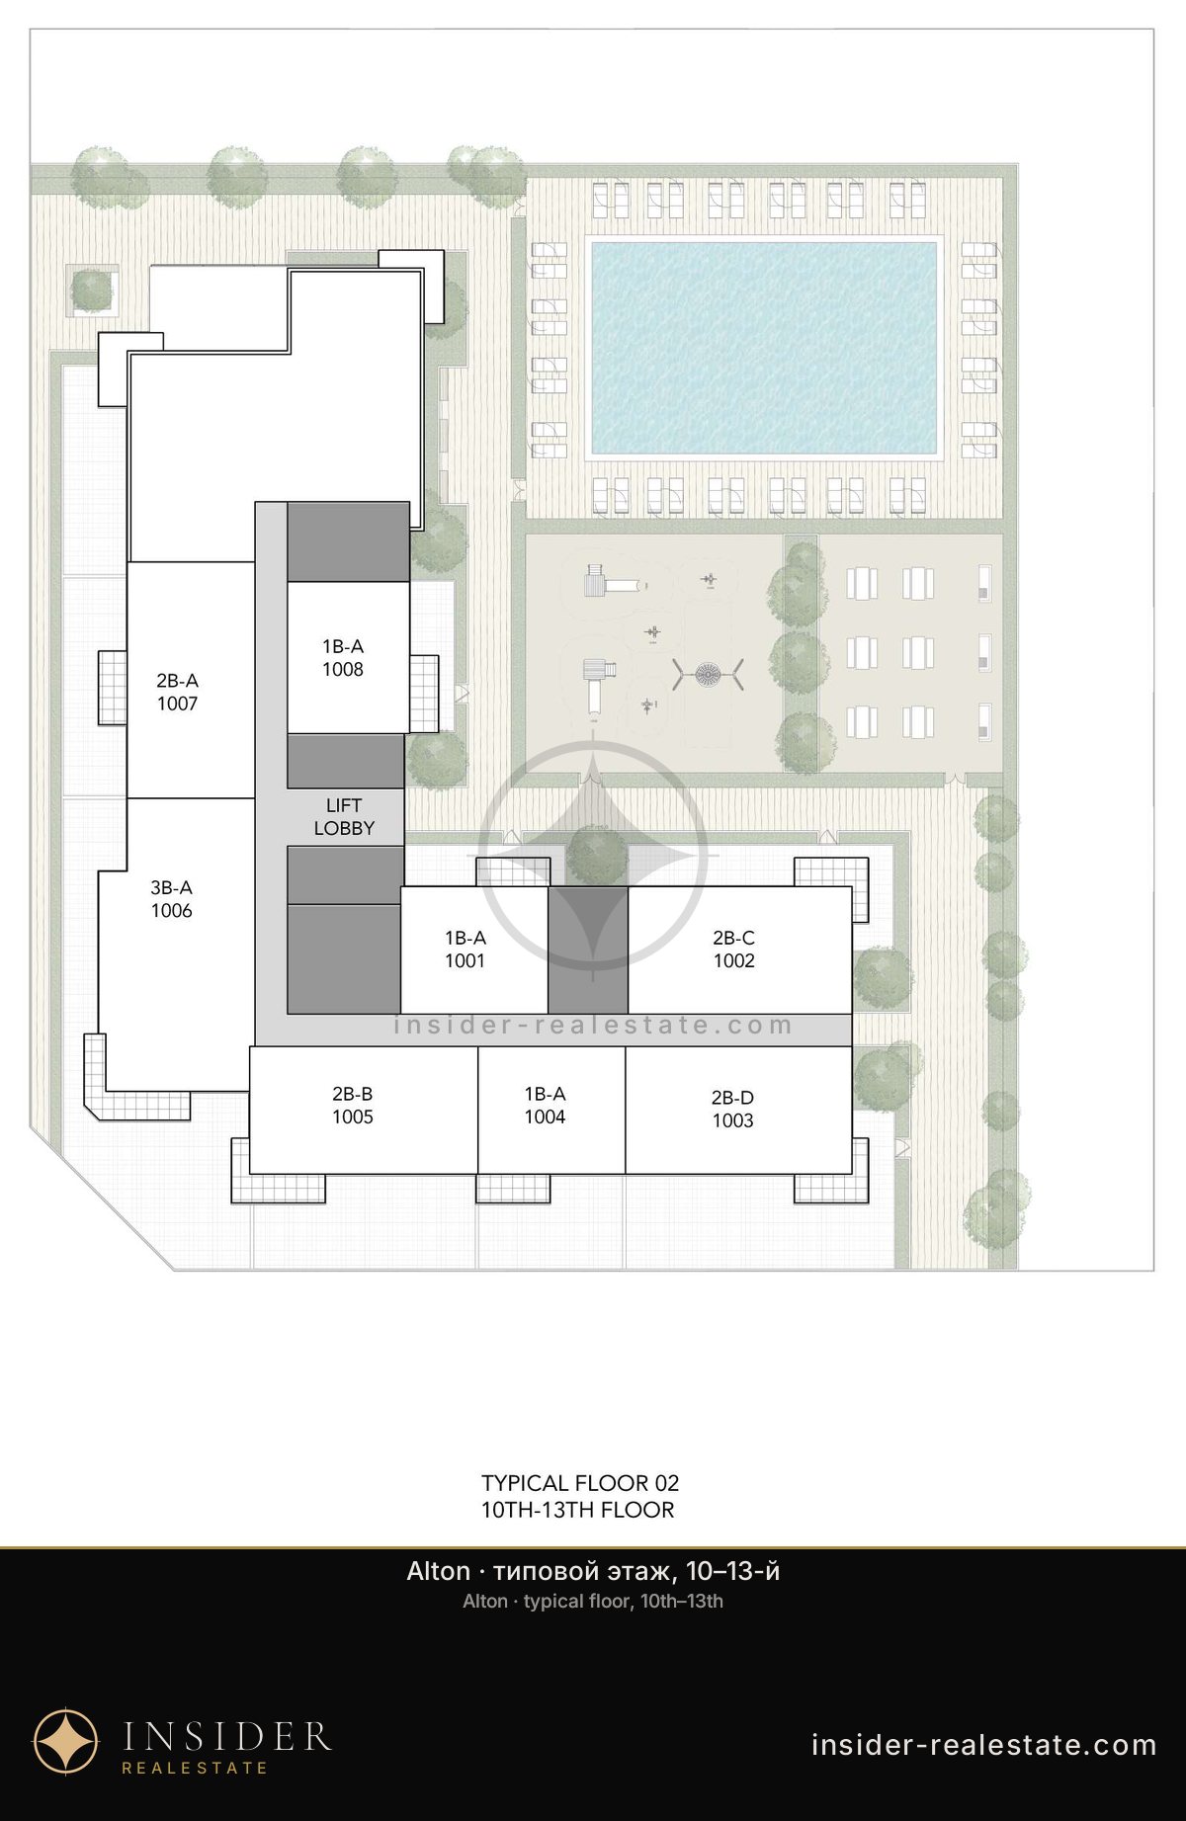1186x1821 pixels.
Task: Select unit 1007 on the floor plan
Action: (x=191, y=680)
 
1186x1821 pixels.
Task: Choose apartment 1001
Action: (x=474, y=950)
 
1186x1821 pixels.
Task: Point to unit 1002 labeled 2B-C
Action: (x=739, y=950)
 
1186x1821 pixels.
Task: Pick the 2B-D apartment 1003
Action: (x=738, y=1110)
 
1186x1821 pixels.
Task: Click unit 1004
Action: (x=551, y=1110)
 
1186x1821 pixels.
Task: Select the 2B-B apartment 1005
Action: (x=364, y=1110)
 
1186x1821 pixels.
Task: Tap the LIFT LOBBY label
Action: (x=344, y=817)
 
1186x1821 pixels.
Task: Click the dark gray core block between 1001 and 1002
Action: (x=588, y=950)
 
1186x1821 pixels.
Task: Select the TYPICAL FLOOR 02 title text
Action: (x=580, y=1482)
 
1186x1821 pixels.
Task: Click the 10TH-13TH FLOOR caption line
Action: (x=577, y=1510)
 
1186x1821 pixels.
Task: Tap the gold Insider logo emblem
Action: (x=66, y=1740)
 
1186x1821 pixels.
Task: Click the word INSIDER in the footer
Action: (x=226, y=1735)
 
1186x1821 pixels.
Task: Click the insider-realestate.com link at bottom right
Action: (x=983, y=1745)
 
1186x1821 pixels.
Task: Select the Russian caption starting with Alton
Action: (x=593, y=1571)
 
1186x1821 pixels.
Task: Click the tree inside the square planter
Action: (x=92, y=290)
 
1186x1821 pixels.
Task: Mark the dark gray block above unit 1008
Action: (x=348, y=541)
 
